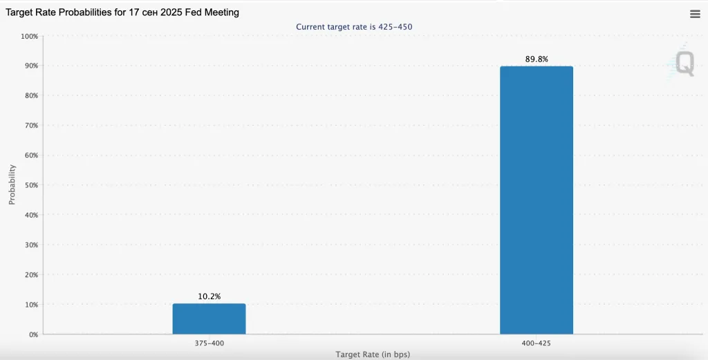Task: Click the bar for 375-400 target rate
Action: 209,319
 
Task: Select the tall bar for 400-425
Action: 537,200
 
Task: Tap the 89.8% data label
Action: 537,59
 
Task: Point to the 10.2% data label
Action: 209,296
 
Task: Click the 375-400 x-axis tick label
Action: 209,343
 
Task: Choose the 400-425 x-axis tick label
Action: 537,343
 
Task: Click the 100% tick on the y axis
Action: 29,36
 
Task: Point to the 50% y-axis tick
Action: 30,185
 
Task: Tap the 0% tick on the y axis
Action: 33,334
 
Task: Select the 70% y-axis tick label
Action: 30,126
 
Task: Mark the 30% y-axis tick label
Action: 30,245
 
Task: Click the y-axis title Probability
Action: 12,184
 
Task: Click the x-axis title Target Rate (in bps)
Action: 373,354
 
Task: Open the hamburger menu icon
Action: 695,15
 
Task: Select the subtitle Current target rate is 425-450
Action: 354,27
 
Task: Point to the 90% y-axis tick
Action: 30,66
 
